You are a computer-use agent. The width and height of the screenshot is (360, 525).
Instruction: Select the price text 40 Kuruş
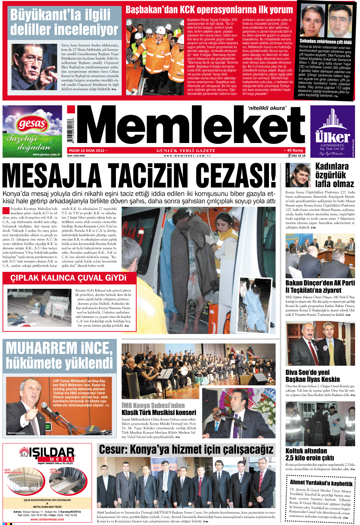pos(295,150)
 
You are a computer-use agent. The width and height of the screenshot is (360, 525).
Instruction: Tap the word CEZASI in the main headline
pos(235,175)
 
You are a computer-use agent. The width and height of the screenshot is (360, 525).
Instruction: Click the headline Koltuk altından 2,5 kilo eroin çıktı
pos(310,454)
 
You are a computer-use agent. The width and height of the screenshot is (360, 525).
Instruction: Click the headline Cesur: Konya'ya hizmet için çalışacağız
pos(186,449)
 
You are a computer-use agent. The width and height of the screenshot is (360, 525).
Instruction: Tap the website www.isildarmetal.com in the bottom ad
pos(47,519)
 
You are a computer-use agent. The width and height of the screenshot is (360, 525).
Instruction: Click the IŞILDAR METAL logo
pos(47,454)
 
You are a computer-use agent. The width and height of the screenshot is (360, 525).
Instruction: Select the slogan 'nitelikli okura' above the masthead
pos(267,108)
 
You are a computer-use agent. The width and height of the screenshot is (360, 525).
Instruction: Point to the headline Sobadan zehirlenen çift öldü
pos(325,42)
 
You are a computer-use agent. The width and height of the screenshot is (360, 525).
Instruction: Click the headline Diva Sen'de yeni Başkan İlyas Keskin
pos(312,376)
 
